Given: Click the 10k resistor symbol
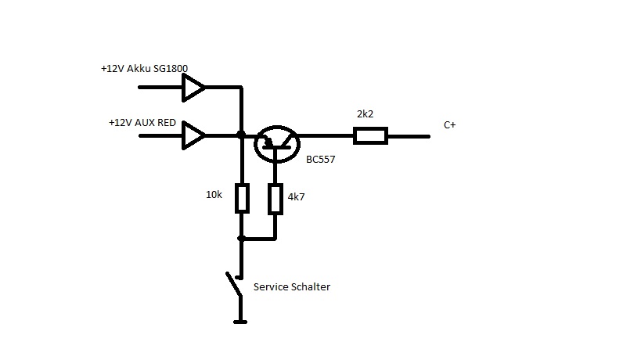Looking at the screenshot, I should click(x=241, y=199).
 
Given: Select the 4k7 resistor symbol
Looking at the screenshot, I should click(x=275, y=199).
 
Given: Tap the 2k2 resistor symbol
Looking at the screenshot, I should click(x=369, y=136).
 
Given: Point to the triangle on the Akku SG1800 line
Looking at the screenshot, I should click(x=193, y=87).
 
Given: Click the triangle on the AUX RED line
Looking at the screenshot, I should click(x=193, y=136).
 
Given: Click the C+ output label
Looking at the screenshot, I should click(x=449, y=124).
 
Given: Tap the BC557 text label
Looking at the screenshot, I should click(x=321, y=157).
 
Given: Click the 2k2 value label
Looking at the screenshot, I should click(x=365, y=114).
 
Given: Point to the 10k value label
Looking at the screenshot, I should click(x=214, y=193).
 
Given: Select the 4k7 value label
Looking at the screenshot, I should click(x=296, y=197).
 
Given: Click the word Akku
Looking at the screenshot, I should click(x=142, y=69).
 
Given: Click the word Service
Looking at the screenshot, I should click(x=271, y=287).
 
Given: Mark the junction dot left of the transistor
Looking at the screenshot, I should click(x=241, y=136).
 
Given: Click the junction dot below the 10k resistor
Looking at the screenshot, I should click(x=241, y=238).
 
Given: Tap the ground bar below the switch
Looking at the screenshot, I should click(x=241, y=321).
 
